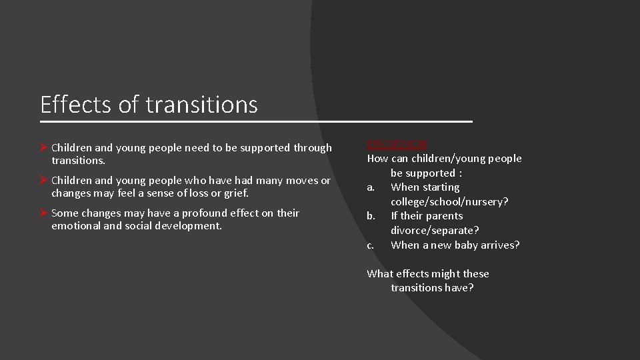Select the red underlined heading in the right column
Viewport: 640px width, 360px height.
point(397,144)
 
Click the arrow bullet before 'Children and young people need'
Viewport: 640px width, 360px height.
point(44,147)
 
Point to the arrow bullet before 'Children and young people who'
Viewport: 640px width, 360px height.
point(44,181)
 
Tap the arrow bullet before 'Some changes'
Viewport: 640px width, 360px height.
point(44,213)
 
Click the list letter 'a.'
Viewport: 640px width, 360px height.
point(371,187)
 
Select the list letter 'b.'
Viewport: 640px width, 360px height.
point(371,216)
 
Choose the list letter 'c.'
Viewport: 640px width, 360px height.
point(371,245)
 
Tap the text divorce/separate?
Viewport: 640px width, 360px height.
point(435,230)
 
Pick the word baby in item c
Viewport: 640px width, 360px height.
point(474,245)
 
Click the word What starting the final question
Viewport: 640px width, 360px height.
point(380,273)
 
